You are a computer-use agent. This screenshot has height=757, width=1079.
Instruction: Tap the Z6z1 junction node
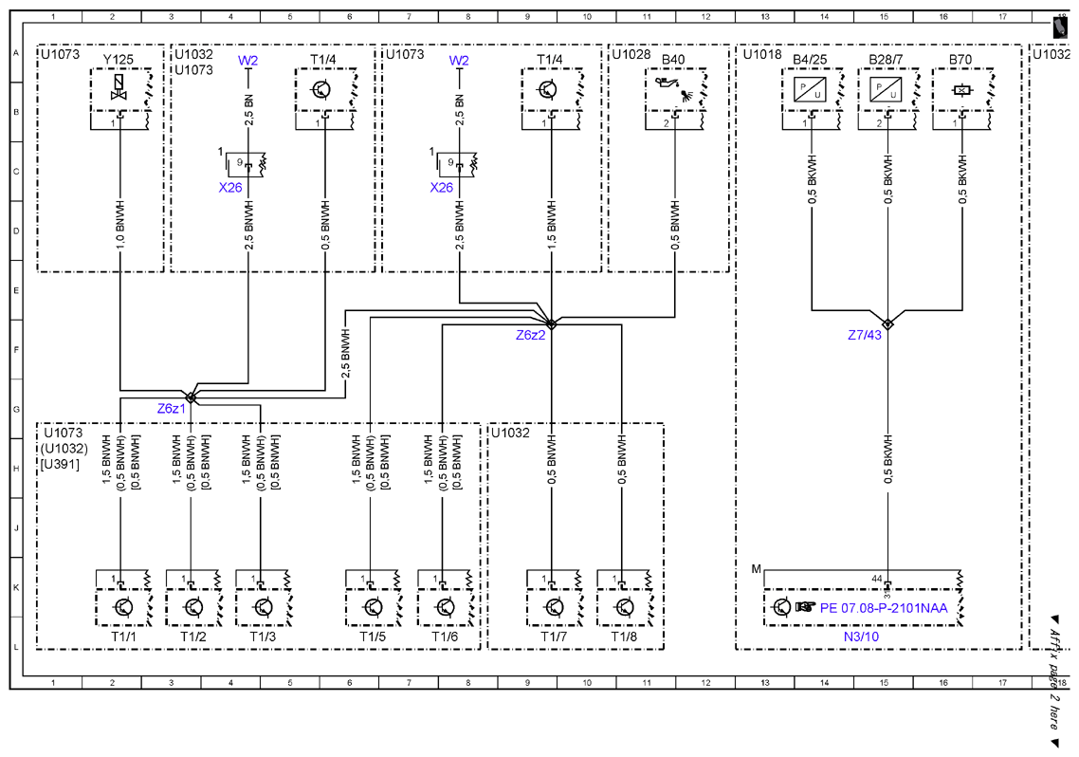coord(192,397)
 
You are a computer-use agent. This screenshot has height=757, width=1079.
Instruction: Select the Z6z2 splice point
coord(551,324)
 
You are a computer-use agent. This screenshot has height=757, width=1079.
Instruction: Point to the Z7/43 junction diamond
coord(887,324)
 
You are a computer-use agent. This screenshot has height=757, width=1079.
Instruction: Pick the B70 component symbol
coord(960,90)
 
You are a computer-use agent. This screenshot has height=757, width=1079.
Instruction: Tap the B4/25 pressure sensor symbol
coord(810,90)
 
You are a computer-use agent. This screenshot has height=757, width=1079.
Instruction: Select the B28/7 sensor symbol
coord(886,90)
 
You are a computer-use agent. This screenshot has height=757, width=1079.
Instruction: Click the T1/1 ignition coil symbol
coord(124,608)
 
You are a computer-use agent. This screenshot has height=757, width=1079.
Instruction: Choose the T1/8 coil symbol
coord(624,608)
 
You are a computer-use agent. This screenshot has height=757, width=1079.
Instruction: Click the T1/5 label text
coord(373,637)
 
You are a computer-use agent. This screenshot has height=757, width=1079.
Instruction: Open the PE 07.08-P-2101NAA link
coord(884,608)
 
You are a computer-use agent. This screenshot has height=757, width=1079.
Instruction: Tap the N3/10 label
coord(862,637)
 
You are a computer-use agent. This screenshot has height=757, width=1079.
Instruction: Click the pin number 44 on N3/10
coord(877,579)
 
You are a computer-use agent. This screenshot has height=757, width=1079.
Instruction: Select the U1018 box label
coord(762,54)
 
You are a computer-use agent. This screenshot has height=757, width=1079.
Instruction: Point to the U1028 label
coord(631,54)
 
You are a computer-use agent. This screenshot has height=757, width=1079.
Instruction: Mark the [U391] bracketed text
coord(60,465)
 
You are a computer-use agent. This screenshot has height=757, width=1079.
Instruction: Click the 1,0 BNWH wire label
coord(120,225)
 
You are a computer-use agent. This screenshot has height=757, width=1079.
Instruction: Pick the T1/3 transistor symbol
coord(263,608)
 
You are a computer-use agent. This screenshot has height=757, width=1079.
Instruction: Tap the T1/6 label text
coord(445,637)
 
